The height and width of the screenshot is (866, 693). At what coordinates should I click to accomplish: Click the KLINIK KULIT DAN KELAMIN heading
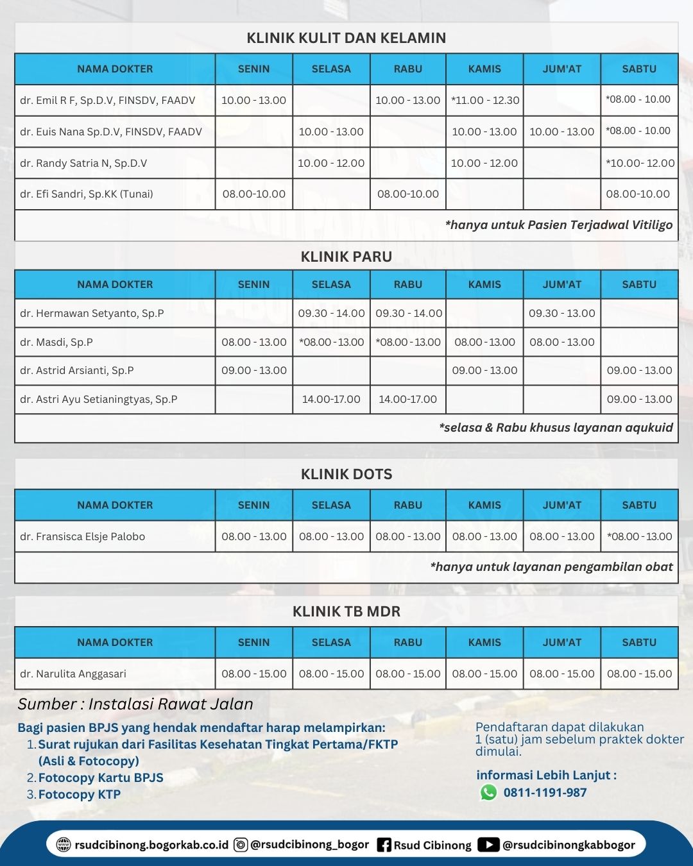346,38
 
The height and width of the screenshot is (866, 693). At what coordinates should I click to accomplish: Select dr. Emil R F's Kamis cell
485,100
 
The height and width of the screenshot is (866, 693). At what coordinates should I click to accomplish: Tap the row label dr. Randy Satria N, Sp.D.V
83,163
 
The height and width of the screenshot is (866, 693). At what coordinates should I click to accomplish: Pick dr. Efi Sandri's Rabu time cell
408,194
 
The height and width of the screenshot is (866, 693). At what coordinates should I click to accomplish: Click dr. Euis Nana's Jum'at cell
562,132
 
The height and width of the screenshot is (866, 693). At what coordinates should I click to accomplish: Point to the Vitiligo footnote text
558,225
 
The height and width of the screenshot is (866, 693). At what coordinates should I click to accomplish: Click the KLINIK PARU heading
346,257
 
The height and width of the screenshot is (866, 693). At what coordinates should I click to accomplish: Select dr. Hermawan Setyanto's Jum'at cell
562,313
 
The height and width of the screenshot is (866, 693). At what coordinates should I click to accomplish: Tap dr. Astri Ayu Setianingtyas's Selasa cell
331,399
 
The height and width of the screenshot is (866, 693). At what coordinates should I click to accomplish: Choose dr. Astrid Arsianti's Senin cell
254,370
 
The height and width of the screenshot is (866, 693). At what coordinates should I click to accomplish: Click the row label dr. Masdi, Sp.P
56,342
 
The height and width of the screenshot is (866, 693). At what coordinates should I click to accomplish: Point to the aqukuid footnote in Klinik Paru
556,427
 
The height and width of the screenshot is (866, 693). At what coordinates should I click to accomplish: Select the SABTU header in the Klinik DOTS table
639,505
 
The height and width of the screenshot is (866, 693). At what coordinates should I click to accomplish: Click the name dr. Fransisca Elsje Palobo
83,536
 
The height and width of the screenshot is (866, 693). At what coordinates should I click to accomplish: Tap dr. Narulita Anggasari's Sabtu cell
639,674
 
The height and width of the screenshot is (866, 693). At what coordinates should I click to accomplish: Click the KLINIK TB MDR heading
346,611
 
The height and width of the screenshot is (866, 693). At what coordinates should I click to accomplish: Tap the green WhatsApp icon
488,792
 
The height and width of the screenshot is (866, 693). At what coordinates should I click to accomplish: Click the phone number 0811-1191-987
545,792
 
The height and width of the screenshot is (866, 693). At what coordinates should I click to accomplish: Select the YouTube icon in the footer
488,845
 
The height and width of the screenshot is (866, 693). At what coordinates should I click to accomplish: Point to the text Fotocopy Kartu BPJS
101,777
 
